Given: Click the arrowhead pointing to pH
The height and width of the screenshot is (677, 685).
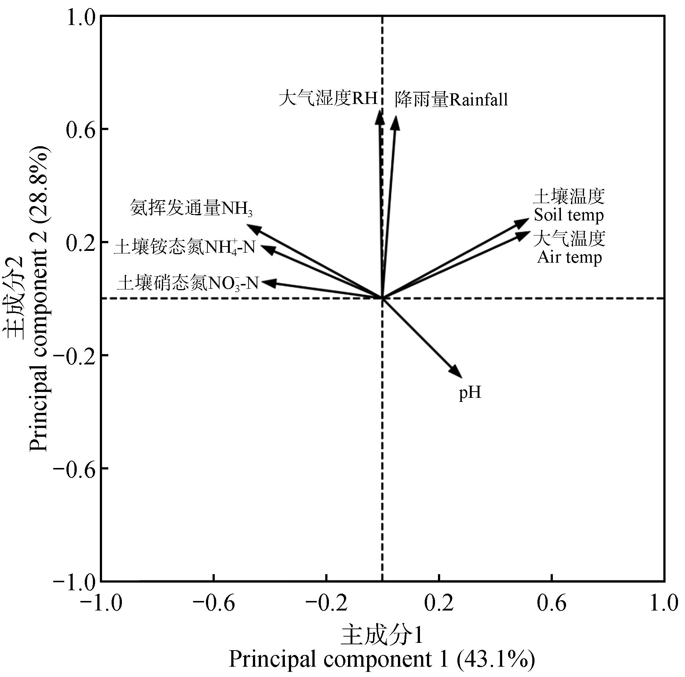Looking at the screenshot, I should tap(457, 373).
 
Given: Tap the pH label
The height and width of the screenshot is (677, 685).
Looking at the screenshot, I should tap(470, 393).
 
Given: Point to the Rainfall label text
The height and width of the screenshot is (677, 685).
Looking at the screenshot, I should tap(451, 100).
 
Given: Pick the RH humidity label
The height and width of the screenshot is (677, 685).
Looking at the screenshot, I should tap(328, 98).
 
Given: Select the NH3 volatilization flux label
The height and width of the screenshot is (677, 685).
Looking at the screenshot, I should tap(191, 209).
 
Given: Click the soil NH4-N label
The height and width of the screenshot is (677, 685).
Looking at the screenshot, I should tap(185, 248).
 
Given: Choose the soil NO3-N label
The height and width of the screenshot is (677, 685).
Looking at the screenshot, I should tap(188, 284).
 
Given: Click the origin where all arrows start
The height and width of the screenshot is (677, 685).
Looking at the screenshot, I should tap(383, 298).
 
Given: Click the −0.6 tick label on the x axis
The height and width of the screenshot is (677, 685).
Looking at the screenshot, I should tap(213, 604).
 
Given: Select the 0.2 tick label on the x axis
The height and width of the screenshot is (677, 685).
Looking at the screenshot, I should tap(439, 604).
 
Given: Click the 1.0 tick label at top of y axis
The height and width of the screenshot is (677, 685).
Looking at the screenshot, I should tap(80, 17).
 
